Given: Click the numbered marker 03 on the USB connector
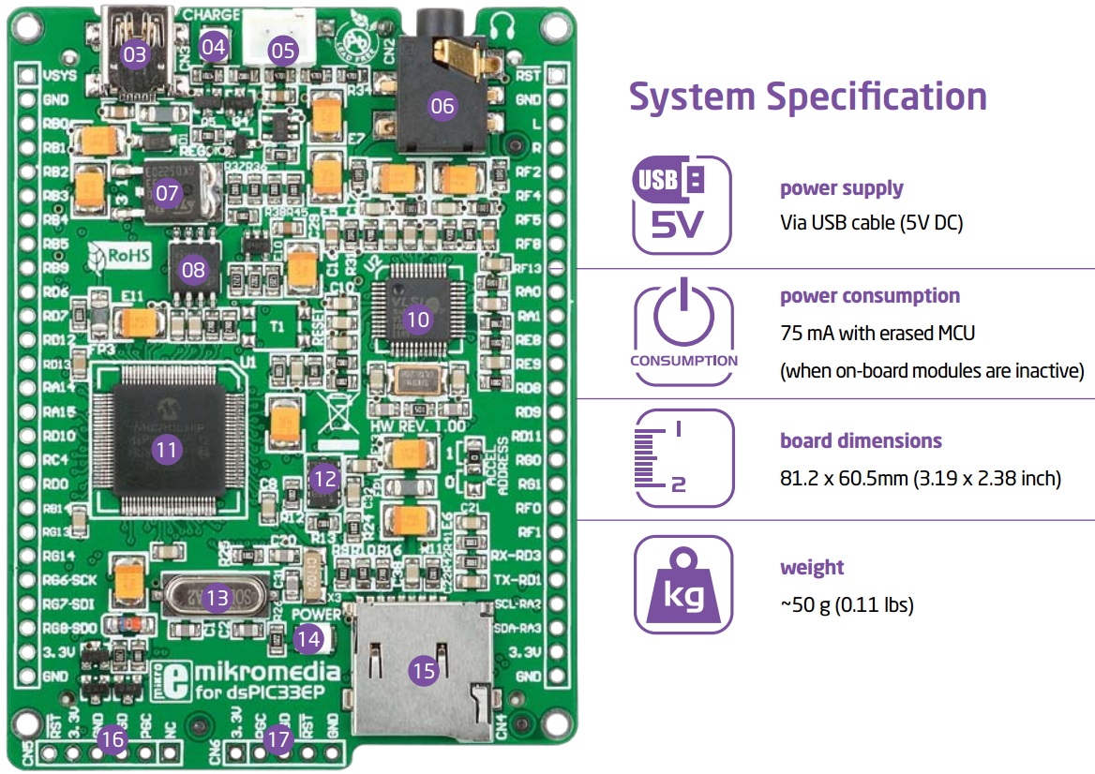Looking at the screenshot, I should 136,54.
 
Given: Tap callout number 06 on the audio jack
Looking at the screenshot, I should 442,106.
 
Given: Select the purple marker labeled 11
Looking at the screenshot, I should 166,450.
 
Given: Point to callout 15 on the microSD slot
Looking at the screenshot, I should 424,670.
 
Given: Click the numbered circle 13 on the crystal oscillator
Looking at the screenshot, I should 217,598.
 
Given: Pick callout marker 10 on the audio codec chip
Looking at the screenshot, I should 417,320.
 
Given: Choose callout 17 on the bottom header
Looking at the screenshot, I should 278,739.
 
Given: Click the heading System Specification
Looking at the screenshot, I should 807,97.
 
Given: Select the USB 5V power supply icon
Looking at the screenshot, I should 682,205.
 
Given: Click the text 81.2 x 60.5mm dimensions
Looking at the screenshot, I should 920,479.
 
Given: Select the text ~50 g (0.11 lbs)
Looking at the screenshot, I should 847,605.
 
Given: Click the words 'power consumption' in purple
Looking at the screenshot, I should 870,296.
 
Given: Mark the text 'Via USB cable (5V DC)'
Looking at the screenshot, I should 872,223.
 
